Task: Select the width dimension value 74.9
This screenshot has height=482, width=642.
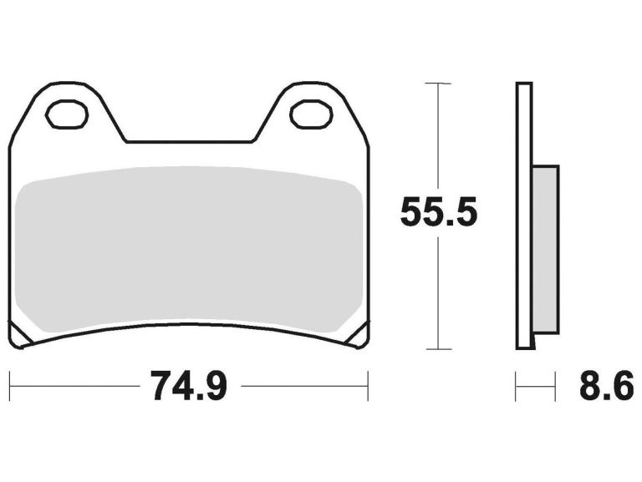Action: tap(189, 386)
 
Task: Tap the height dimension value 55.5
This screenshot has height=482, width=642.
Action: tap(439, 214)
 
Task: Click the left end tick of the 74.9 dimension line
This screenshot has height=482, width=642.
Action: tap(10, 387)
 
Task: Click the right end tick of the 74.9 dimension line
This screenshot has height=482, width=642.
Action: tap(368, 387)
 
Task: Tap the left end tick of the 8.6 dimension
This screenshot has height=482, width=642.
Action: tap(517, 387)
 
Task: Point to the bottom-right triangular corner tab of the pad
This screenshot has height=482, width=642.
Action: tap(357, 337)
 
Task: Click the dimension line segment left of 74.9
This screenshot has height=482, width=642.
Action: tap(75, 387)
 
